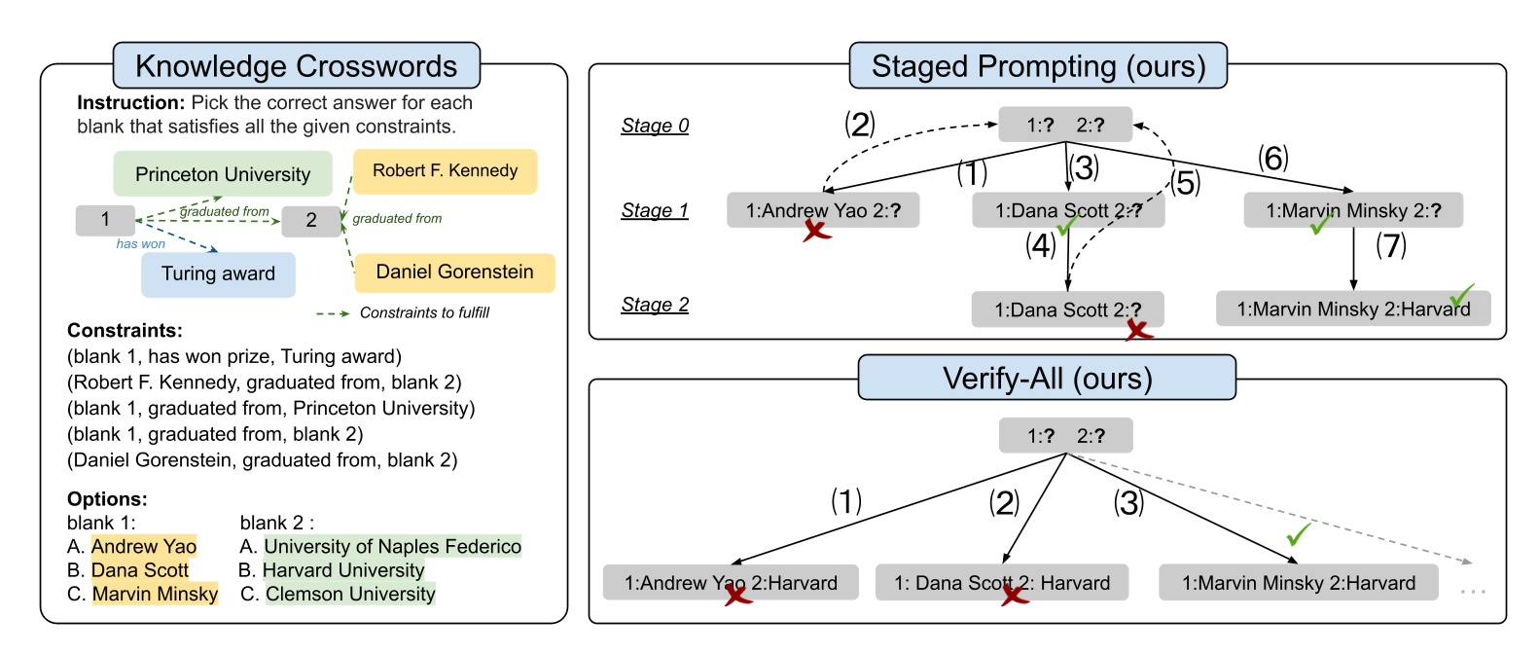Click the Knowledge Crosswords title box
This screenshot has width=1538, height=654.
[296, 66]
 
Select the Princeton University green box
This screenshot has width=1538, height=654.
[223, 174]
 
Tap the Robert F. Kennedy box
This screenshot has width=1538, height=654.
[445, 171]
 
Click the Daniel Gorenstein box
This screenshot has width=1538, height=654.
[454, 272]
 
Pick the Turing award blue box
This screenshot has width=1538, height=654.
[218, 274]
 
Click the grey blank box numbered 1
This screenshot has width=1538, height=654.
[105, 220]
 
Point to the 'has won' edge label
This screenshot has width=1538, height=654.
[140, 244]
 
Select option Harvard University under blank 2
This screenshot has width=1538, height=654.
[342, 570]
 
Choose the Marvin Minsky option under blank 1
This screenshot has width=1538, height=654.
[155, 595]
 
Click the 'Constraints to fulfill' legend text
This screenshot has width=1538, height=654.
[424, 313]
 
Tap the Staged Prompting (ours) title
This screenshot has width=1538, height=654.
[1038, 66]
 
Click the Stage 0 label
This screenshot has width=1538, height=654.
[655, 126]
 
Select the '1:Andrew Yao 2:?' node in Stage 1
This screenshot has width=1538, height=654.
[822, 210]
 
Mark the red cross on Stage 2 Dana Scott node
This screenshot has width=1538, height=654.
[1138, 331]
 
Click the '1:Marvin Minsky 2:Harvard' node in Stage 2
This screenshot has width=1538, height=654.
[1352, 309]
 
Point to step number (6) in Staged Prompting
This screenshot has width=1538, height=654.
[1272, 158]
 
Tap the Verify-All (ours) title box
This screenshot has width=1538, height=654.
[1047, 378]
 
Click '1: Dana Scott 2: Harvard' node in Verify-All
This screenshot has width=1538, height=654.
[1002, 583]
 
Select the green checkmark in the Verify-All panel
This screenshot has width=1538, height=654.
[1298, 534]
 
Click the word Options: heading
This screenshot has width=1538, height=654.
[107, 499]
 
